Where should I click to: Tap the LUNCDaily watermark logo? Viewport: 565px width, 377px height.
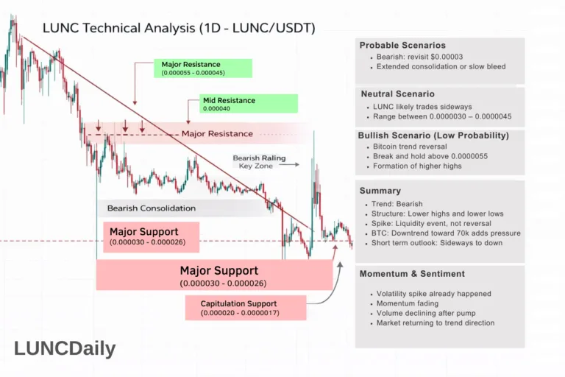(65, 348)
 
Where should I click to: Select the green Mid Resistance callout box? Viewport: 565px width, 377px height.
(249, 104)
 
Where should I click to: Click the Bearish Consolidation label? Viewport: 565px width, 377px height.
(151, 208)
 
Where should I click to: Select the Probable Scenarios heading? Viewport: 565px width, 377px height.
(403, 45)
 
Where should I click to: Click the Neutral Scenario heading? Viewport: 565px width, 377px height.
(397, 94)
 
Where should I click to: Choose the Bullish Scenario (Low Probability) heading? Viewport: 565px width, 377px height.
(433, 135)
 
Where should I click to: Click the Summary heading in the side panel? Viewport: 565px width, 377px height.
(380, 191)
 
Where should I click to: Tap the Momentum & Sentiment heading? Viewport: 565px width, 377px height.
(412, 274)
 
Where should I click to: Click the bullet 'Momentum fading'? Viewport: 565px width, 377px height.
(407, 303)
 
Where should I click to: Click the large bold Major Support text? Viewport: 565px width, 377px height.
(218, 271)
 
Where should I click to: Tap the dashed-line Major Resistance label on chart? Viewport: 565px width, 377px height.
(216, 134)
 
